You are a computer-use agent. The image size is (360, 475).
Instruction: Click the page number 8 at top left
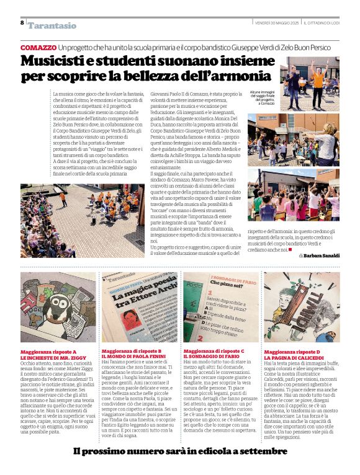[x=22, y=22]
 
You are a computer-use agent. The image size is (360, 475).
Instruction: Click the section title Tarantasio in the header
[x=52, y=25]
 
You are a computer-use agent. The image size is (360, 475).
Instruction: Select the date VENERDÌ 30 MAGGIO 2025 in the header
[x=276, y=23]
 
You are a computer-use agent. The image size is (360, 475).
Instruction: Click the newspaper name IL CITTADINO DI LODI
[x=322, y=23]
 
